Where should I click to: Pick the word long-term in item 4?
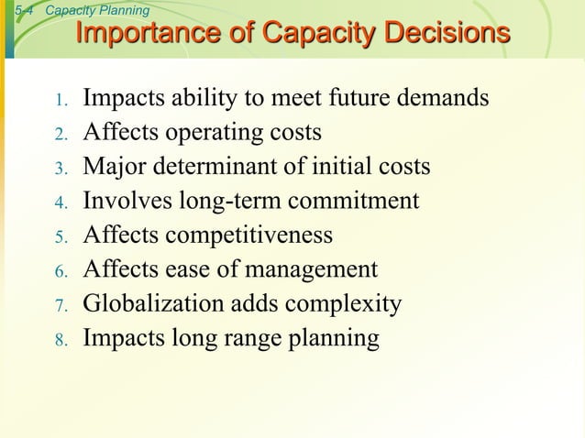pos(226,202)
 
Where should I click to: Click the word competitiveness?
pos(247,235)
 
